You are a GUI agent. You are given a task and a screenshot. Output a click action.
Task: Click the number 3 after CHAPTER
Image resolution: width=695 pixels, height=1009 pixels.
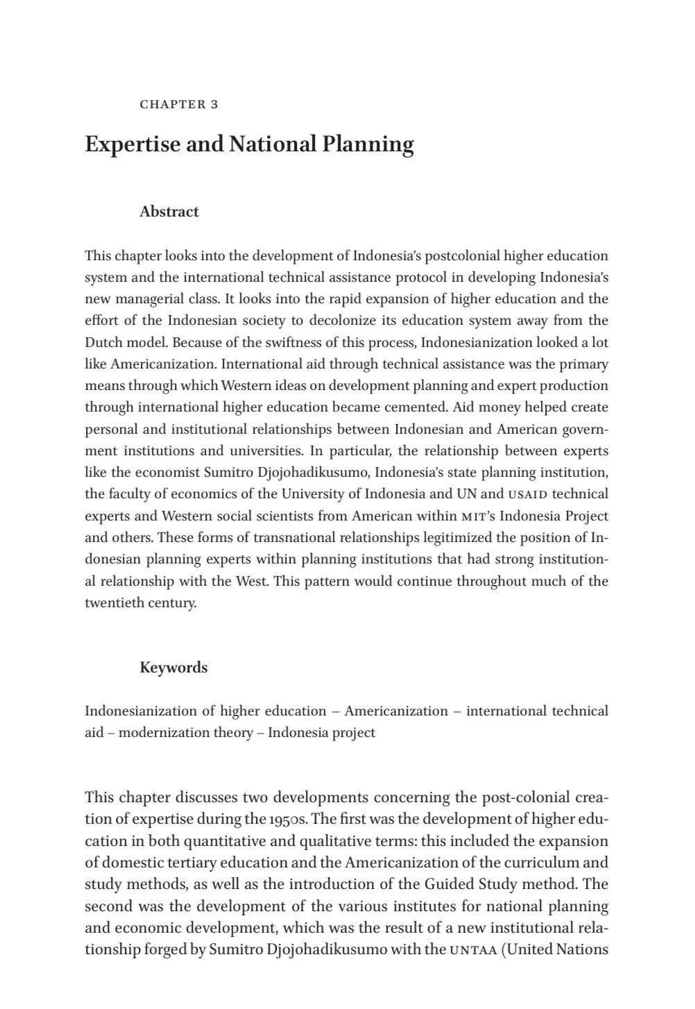coord(214,105)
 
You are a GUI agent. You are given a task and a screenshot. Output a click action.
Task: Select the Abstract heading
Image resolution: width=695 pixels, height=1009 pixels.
coord(169,212)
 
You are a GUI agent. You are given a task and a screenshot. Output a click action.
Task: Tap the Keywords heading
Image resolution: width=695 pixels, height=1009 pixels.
coord(173,668)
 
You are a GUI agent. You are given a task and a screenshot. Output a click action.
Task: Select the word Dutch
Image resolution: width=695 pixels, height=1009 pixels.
coord(104,342)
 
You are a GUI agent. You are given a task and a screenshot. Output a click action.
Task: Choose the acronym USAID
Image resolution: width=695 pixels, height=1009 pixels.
coord(528,495)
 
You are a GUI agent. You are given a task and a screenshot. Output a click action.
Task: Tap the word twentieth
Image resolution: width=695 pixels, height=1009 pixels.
coord(113,602)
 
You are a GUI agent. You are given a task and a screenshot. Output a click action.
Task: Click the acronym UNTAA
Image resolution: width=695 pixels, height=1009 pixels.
coord(473,950)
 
